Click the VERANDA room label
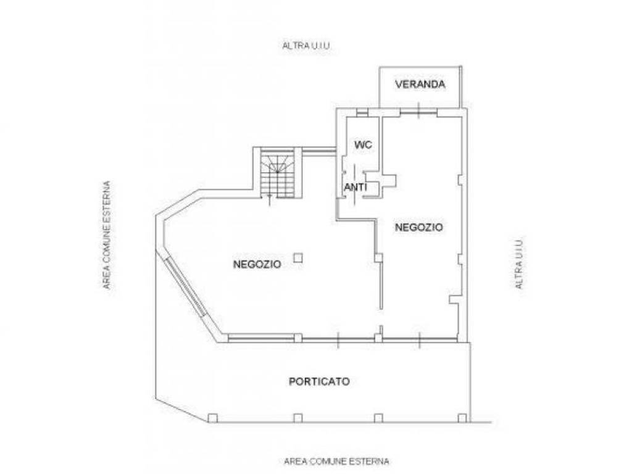[420, 84]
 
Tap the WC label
[363, 144]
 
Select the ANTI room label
[355, 188]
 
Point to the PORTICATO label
[319, 381]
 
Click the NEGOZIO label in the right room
[419, 227]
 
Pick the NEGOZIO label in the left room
[257, 264]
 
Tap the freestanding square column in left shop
[298, 257]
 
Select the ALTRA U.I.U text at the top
[306, 46]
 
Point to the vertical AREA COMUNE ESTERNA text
[106, 235]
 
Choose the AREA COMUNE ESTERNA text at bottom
[336, 461]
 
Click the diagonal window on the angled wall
[185, 286]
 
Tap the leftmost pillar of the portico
[213, 418]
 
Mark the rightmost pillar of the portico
[462, 418]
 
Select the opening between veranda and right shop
[419, 110]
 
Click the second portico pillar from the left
[298, 418]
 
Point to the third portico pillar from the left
[378, 418]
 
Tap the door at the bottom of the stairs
[270, 198]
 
